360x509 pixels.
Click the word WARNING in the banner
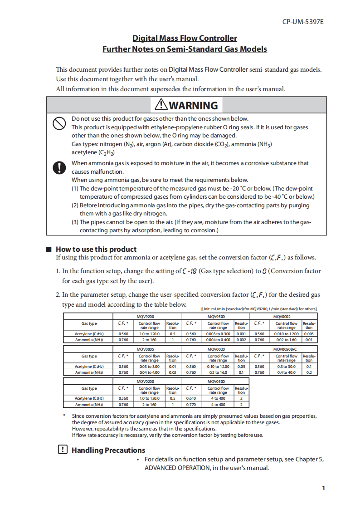(x=193, y=105)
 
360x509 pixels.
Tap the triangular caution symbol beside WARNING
(x=161, y=105)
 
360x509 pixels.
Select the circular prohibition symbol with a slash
(x=59, y=123)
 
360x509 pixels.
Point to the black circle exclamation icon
(x=59, y=167)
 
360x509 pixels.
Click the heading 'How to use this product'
(x=96, y=249)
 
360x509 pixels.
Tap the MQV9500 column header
(x=215, y=316)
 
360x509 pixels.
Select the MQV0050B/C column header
(x=283, y=349)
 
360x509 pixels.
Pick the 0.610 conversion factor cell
(x=191, y=398)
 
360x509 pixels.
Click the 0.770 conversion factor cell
(x=191, y=405)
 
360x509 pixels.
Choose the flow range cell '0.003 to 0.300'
(x=218, y=334)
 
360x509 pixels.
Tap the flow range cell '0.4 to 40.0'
(x=286, y=372)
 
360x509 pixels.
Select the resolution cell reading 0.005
(x=309, y=334)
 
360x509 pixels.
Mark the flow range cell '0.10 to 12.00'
(x=218, y=366)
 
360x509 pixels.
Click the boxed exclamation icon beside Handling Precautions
(x=63, y=450)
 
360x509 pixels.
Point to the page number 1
(x=323, y=488)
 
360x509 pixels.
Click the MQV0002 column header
(x=282, y=316)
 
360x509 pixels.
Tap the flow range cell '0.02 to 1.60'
(x=286, y=339)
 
